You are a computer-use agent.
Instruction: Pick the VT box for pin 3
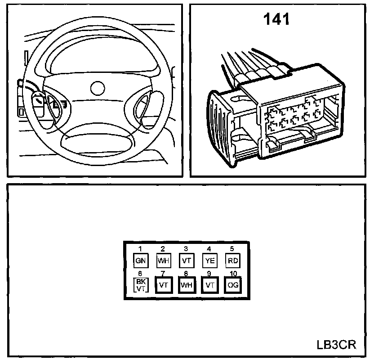pyautogui.click(x=186, y=260)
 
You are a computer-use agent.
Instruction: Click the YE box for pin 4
pyautogui.click(x=209, y=260)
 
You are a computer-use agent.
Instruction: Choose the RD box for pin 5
pyautogui.click(x=232, y=260)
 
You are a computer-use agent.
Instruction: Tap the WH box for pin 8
pyautogui.click(x=186, y=285)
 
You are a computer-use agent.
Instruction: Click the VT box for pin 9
pyautogui.click(x=209, y=285)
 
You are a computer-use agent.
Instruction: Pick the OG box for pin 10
pyautogui.click(x=232, y=285)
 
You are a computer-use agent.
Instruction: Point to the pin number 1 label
pyautogui.click(x=140, y=248)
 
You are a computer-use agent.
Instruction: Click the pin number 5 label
pyautogui.click(x=232, y=248)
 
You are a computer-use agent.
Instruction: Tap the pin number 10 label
pyautogui.click(x=232, y=273)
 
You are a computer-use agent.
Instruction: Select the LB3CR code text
pyautogui.click(x=336, y=345)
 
